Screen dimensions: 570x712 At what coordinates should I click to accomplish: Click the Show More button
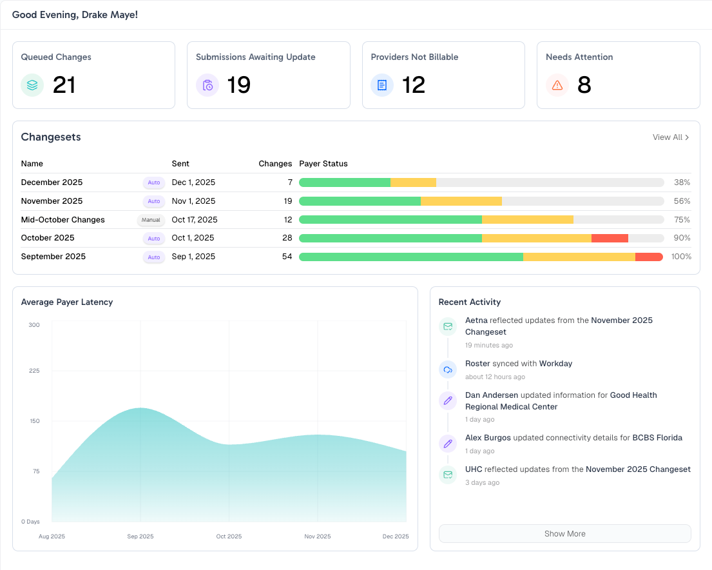click(564, 534)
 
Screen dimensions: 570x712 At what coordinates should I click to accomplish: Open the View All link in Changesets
click(671, 137)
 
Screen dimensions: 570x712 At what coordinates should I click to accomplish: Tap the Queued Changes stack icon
click(32, 85)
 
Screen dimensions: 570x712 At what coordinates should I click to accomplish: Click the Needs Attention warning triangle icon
click(557, 85)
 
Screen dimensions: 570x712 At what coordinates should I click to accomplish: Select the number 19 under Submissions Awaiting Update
click(239, 85)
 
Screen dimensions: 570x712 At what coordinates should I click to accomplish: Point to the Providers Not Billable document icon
click(382, 85)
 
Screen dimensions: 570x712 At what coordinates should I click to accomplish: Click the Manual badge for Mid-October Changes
click(151, 220)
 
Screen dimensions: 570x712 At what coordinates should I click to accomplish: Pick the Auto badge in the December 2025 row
click(154, 182)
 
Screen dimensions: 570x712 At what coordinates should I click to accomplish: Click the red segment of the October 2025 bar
click(610, 238)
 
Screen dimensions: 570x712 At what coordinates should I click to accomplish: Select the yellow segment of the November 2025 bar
click(461, 201)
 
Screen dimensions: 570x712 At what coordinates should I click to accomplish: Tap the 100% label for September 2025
click(681, 257)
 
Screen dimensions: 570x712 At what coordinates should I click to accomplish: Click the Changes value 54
click(287, 257)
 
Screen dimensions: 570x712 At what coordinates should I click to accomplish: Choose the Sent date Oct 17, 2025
click(195, 220)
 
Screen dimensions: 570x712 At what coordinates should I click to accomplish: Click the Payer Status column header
click(323, 164)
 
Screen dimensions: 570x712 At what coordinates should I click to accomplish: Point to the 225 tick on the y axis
click(34, 371)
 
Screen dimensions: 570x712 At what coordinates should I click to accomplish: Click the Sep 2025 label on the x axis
click(140, 536)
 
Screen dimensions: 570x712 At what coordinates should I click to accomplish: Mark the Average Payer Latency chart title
click(67, 302)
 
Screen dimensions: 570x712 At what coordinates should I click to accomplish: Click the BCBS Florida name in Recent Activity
click(657, 438)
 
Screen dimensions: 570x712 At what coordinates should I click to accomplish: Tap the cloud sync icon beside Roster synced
click(448, 369)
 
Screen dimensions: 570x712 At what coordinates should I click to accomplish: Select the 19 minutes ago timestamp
click(489, 346)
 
